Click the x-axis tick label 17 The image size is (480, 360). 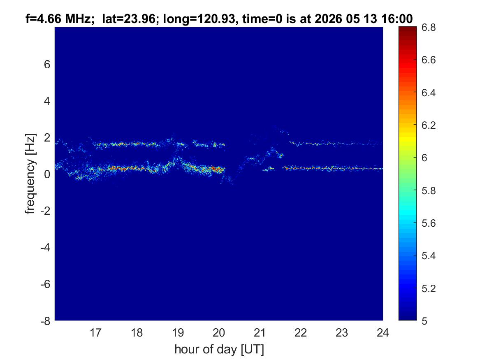tap(95, 332)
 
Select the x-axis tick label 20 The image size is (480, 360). tap(219, 332)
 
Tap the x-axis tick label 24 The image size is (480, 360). tap(383, 332)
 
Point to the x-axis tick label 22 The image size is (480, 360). tap(301, 332)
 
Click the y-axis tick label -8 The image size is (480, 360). tap(45, 321)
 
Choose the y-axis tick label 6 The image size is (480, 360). tap(47, 65)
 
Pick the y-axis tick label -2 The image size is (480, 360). tap(45, 211)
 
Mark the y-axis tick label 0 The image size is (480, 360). tap(47, 174)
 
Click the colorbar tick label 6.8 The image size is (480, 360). tap(429, 28)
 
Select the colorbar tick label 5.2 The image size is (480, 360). tap(429, 288)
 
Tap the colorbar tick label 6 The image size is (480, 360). tap(424, 158)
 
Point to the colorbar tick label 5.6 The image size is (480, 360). tap(429, 223)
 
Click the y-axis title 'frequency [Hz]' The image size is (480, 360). tap(30, 174)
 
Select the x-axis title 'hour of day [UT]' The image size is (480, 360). tap(219, 349)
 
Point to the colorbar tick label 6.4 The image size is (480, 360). tap(429, 93)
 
